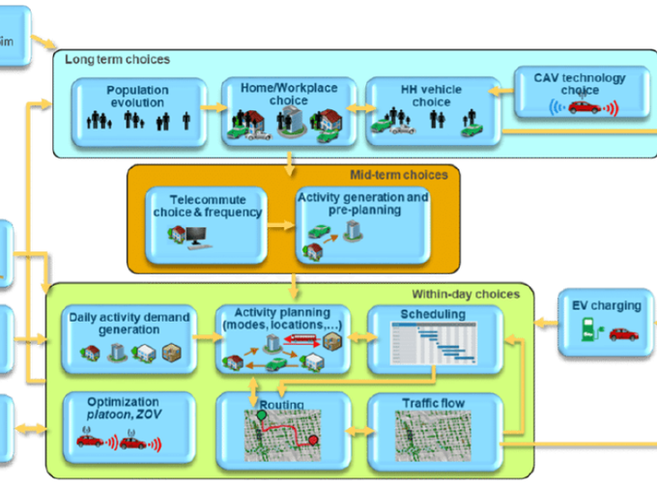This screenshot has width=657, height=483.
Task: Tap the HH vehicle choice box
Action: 431,110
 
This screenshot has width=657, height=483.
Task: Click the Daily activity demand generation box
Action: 129,339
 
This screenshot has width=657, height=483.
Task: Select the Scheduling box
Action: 434,339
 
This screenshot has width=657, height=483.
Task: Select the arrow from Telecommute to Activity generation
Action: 282,227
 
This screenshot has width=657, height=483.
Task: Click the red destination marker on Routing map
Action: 313,440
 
